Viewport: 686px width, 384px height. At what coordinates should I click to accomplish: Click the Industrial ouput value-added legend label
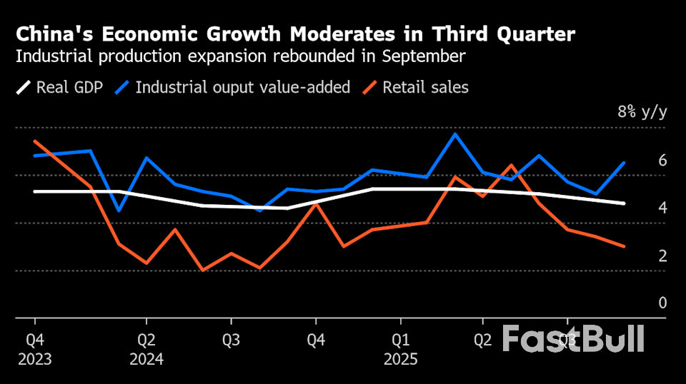(242, 88)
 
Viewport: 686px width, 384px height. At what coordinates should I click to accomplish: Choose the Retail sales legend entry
(425, 88)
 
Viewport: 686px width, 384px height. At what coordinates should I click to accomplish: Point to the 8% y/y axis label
(642, 112)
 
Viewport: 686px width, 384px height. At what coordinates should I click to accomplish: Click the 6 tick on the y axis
(662, 160)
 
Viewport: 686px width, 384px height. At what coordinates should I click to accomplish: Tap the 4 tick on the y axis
(662, 208)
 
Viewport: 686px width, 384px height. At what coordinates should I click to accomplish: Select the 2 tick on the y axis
(662, 256)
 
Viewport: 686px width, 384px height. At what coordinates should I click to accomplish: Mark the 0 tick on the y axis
(662, 303)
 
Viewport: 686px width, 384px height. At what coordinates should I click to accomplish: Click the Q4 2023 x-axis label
(34, 348)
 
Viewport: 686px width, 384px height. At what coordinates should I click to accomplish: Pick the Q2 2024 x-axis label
(146, 348)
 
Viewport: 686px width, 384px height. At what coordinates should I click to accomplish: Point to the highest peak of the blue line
(455, 133)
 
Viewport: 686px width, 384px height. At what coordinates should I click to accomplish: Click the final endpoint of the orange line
(624, 246)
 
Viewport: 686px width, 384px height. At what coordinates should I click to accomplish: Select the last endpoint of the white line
(624, 203)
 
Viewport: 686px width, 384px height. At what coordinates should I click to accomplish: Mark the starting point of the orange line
(34, 141)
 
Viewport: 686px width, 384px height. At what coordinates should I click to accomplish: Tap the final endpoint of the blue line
(624, 163)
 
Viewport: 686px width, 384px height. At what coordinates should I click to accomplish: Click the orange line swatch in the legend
(369, 88)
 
